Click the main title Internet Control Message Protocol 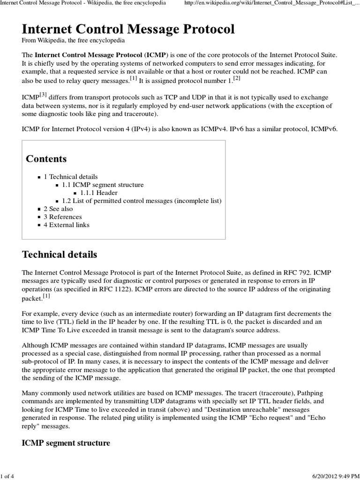point(128,30)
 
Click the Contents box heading point(46,158)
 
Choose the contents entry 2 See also point(58,209)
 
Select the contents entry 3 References point(62,217)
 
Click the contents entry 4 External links point(66,225)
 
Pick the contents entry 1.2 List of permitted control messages point(142,201)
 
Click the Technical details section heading point(60,255)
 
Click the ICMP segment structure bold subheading point(66,443)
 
